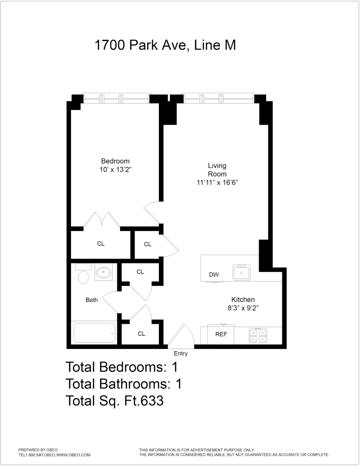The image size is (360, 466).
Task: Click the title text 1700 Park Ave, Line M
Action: pyautogui.click(x=165, y=45)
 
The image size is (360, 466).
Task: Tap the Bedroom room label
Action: pyautogui.click(x=115, y=161)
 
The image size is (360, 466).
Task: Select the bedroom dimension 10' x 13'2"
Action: pyautogui.click(x=115, y=170)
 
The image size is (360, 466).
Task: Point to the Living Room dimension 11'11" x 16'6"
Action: pyautogui.click(x=217, y=183)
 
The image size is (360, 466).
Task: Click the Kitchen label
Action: pyautogui.click(x=243, y=300)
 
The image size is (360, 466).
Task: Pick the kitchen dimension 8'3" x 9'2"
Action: pyautogui.click(x=243, y=308)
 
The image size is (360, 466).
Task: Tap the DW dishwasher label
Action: pyautogui.click(x=214, y=275)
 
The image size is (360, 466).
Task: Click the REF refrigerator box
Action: pyautogui.click(x=221, y=334)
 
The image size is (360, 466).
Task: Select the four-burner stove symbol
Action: pyautogui.click(x=258, y=335)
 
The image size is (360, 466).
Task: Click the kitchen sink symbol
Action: pyautogui.click(x=241, y=272)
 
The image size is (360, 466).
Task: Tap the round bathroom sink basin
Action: pyautogui.click(x=103, y=272)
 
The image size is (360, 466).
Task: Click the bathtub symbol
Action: pyautogui.click(x=94, y=333)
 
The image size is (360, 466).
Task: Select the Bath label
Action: pyautogui.click(x=92, y=300)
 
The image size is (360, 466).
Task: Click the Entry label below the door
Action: pyautogui.click(x=180, y=353)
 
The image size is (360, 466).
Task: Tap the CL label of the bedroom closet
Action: pyautogui.click(x=101, y=244)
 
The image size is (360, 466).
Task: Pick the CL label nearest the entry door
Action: pyautogui.click(x=141, y=334)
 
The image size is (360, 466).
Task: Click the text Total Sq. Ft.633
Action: pyautogui.click(x=114, y=401)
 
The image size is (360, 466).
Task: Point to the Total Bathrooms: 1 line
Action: pyautogui.click(x=124, y=384)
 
